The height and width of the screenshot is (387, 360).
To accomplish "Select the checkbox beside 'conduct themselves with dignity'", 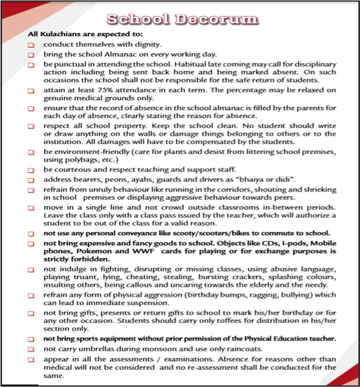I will click(31, 44).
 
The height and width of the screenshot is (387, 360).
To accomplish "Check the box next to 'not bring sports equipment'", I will click(31, 340).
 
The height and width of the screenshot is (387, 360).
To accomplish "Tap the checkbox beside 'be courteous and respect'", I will click(31, 170).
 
